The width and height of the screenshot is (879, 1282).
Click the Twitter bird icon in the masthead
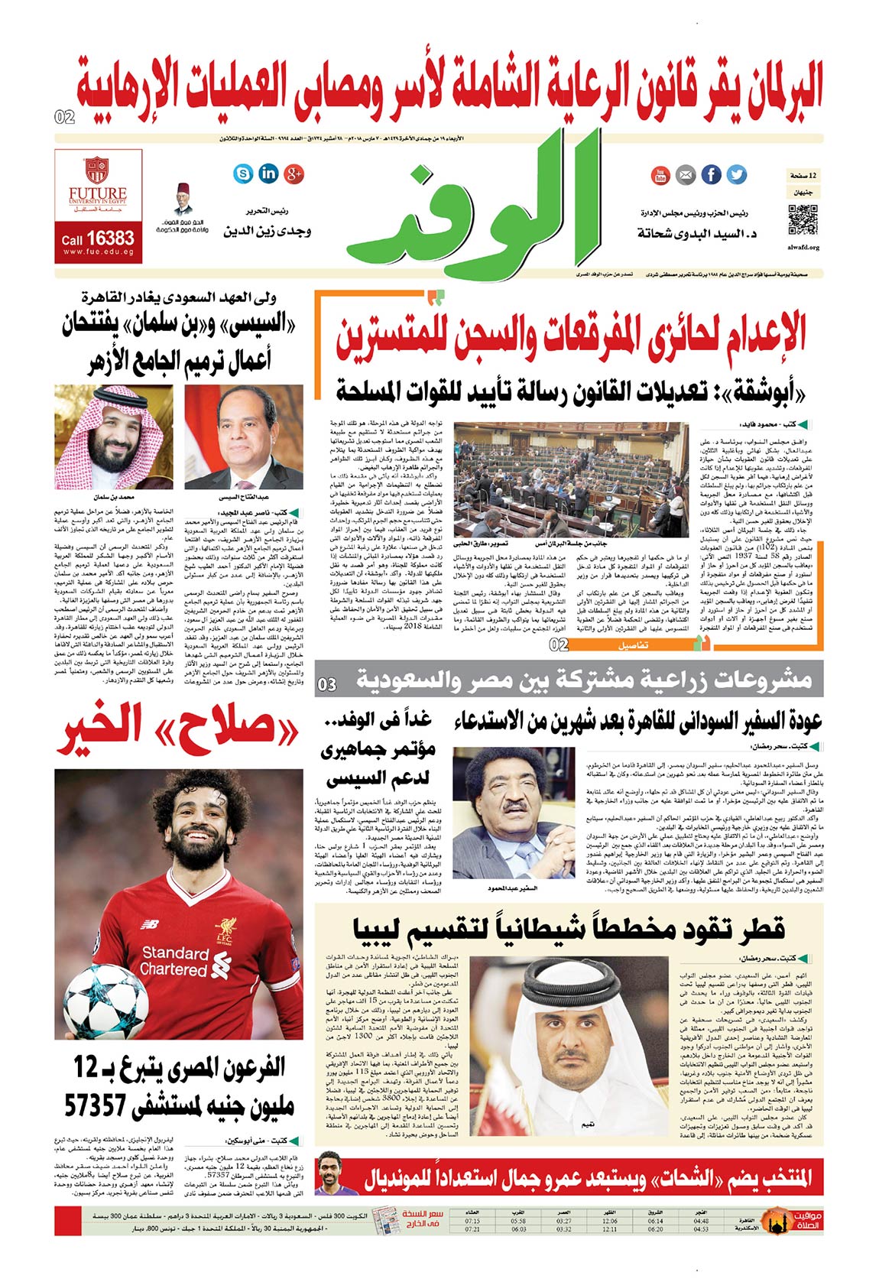[736, 174]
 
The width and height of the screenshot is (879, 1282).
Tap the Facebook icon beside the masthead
[711, 174]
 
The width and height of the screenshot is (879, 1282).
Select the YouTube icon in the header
[660, 175]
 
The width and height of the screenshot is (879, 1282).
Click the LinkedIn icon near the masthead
[268, 174]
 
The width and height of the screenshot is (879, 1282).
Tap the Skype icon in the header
[243, 174]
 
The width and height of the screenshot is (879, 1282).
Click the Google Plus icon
[294, 174]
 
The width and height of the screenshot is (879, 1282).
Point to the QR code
[803, 219]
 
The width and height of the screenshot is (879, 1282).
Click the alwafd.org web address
[803, 248]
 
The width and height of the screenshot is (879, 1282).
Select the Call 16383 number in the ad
[98, 239]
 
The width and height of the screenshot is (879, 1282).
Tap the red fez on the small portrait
[182, 188]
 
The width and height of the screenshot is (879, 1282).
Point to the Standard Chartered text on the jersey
[175, 961]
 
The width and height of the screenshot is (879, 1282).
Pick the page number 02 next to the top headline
[65, 117]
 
